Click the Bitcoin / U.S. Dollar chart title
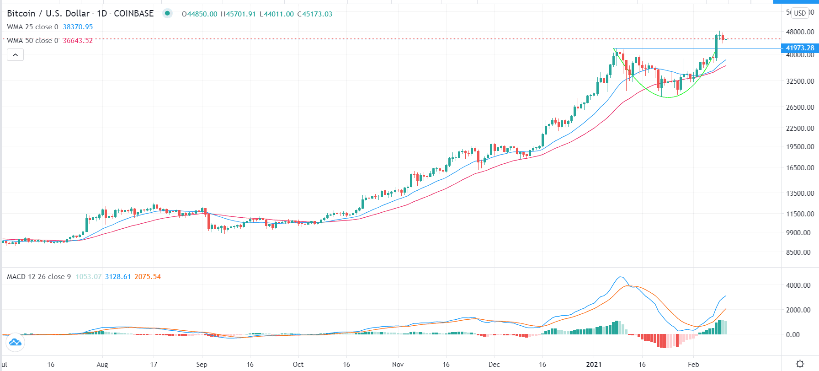pyautogui.click(x=48, y=14)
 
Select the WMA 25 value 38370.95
pyautogui.click(x=78, y=27)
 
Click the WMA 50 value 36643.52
pyautogui.click(x=78, y=41)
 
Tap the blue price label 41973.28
pyautogui.click(x=800, y=48)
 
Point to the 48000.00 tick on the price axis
pyautogui.click(x=800, y=32)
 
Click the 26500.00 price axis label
pyautogui.click(x=800, y=108)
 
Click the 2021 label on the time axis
pyautogui.click(x=594, y=365)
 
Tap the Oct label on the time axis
pyautogui.click(x=298, y=365)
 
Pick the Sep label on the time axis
pyautogui.click(x=202, y=365)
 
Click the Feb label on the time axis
pyautogui.click(x=693, y=365)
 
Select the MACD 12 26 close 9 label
pyautogui.click(x=39, y=277)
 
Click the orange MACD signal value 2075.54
pyautogui.click(x=148, y=277)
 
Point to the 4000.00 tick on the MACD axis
pyautogui.click(x=798, y=285)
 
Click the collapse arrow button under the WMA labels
pyautogui.click(x=15, y=55)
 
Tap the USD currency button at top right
pyautogui.click(x=800, y=13)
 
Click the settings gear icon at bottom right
pyautogui.click(x=800, y=364)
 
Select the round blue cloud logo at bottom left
pyautogui.click(x=15, y=342)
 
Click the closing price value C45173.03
pyautogui.click(x=315, y=14)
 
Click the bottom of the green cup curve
pyautogui.click(x=668, y=97)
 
